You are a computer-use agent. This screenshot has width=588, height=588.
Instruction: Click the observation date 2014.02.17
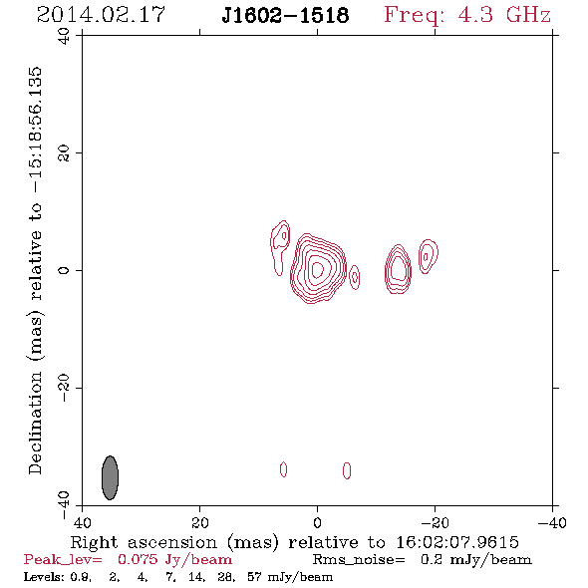pos(101,15)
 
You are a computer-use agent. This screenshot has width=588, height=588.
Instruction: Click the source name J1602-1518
pos(285,15)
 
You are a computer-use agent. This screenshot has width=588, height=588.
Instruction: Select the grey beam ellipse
pos(110,477)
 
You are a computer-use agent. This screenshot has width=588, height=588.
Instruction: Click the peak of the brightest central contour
pos(318,269)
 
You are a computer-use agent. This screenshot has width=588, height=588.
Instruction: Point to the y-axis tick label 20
pos(64,153)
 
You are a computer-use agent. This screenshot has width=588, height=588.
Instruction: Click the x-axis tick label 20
pos(199,522)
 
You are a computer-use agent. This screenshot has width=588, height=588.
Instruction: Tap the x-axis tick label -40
pos(552,522)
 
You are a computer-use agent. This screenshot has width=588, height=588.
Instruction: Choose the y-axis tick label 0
pos(64,270)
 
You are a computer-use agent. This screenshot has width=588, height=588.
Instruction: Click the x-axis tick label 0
pos(317,522)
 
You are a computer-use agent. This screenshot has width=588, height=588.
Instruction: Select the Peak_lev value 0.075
pos(138,559)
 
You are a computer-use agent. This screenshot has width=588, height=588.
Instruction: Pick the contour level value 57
pos(254,576)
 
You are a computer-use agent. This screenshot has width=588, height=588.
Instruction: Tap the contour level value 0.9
pos(80,576)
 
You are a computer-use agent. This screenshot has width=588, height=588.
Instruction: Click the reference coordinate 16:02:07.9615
pos(457,542)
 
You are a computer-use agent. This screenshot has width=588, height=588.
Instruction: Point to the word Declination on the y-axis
pos(35,423)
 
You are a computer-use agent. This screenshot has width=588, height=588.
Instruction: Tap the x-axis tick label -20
pos(435,522)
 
